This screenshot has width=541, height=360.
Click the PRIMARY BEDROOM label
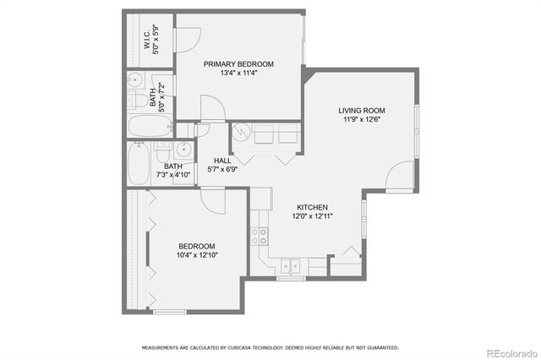[x=238, y=64]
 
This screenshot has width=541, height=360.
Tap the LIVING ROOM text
[x=362, y=111]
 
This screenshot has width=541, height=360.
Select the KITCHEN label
[x=312, y=207]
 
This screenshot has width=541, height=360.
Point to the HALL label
[x=222, y=161]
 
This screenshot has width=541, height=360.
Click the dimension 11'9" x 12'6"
[x=362, y=120]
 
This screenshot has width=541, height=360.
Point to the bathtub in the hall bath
[x=139, y=163]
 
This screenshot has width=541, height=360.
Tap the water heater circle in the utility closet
[x=241, y=132]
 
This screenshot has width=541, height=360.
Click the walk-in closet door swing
[x=188, y=39]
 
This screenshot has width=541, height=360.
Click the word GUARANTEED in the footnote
[x=380, y=347]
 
